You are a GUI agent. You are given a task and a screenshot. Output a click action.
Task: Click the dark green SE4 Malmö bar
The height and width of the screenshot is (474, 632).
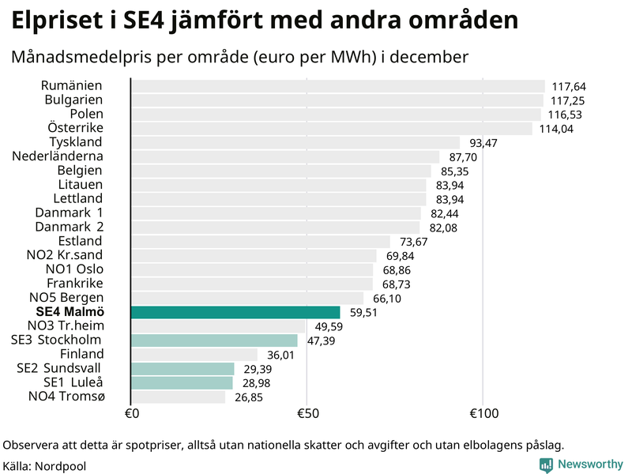[235, 312]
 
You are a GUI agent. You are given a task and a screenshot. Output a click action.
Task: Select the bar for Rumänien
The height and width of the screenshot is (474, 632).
[337, 86]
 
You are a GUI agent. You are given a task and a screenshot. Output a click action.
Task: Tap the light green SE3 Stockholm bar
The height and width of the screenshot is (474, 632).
[213, 340]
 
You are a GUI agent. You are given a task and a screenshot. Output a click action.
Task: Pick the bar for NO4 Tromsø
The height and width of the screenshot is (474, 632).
[178, 397]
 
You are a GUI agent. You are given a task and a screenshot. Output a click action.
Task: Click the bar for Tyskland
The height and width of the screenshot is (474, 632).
[295, 142]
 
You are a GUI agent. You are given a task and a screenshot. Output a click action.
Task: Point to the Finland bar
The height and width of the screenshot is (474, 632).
[194, 355]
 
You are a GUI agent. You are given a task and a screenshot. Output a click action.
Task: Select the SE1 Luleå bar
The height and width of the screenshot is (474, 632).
[182, 383]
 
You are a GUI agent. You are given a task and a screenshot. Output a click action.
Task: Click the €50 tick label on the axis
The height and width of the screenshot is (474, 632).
[307, 414]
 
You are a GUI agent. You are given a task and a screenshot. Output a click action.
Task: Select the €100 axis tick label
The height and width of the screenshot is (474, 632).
[483, 414]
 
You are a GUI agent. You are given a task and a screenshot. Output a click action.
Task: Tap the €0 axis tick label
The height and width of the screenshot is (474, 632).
[132, 414]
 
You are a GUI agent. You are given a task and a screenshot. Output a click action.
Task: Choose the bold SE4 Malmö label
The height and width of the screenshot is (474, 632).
[70, 312]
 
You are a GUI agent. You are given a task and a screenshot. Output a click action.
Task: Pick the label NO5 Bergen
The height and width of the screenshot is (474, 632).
[66, 298]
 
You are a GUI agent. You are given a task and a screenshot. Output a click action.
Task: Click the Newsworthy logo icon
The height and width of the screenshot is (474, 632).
[546, 465]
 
